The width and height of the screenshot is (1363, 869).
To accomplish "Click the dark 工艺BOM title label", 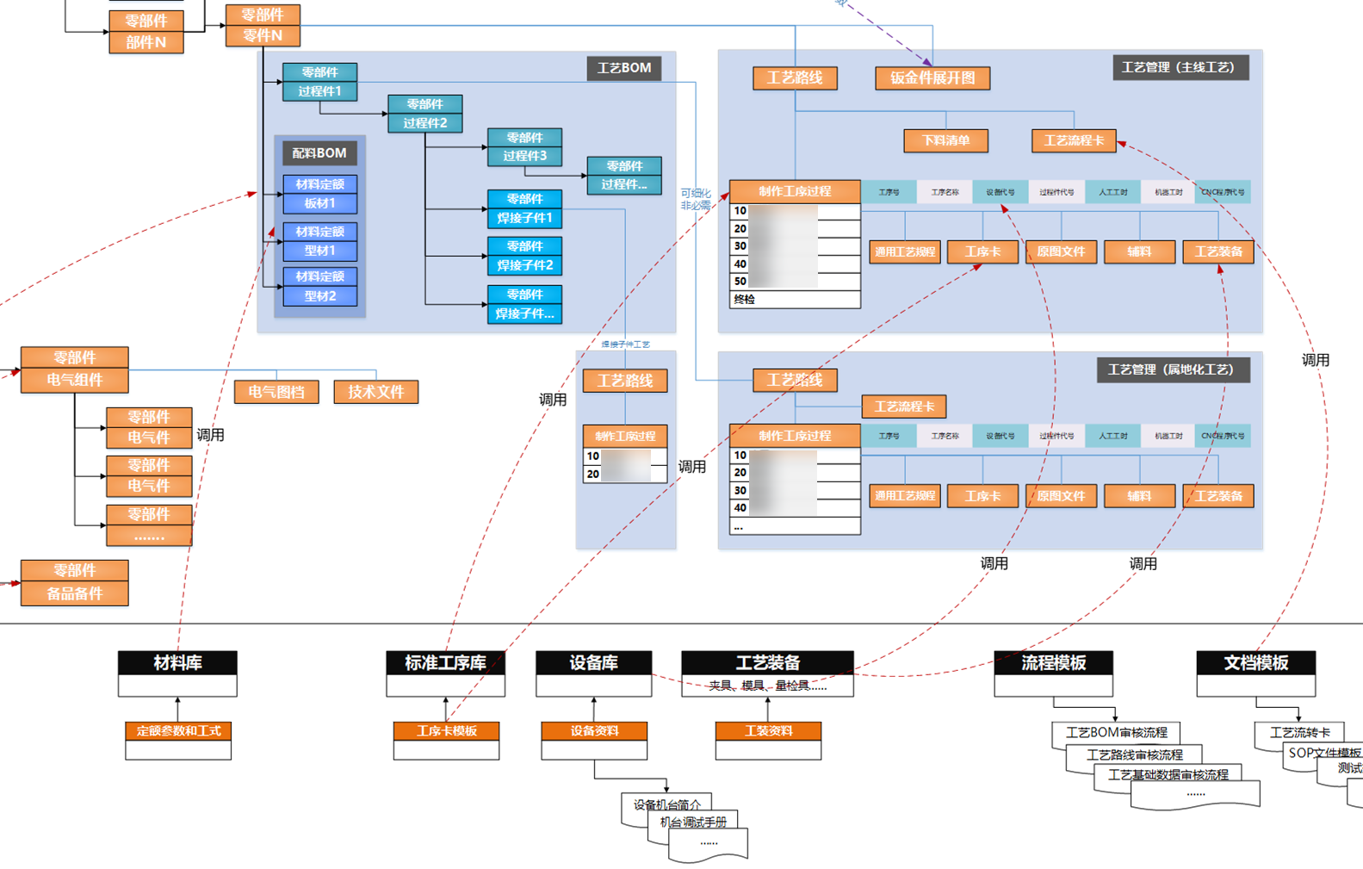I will (624, 68).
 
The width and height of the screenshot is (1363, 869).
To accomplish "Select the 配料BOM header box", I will (319, 153).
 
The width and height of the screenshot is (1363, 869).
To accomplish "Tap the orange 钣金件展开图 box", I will (932, 78).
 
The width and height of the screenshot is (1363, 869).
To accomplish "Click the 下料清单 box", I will (945, 140).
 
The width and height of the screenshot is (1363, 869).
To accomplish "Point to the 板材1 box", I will (319, 204).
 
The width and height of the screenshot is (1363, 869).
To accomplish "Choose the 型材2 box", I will (319, 296).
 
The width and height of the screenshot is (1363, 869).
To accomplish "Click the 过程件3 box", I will (524, 156).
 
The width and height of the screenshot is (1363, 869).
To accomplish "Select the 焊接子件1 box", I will (524, 219).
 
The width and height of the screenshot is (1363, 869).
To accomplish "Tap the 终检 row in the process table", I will (794, 300).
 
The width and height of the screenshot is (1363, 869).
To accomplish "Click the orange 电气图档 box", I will (276, 392).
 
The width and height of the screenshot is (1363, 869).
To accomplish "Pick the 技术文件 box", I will (375, 392).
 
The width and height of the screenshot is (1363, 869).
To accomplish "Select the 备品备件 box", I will (75, 593).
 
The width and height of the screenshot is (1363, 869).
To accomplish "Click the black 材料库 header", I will (177, 663).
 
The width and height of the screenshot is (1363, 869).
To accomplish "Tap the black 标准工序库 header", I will (445, 663).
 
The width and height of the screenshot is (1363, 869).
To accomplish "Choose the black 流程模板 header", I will (1053, 663).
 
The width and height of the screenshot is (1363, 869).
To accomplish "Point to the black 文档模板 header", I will (1255, 663).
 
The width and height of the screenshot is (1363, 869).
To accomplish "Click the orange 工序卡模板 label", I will (446, 731).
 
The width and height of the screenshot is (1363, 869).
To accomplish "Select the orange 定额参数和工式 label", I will (178, 731).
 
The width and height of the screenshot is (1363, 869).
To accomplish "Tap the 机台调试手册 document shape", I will (693, 822).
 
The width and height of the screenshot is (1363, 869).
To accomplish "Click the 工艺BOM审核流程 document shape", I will (1116, 733).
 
